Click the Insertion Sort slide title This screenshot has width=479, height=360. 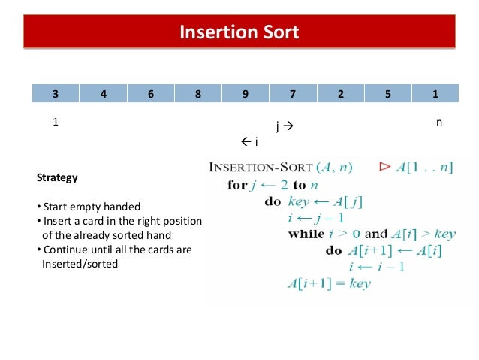(239, 32)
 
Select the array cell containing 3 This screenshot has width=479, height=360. (55, 94)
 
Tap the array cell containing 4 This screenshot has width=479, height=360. (103, 94)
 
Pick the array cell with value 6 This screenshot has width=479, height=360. (150, 94)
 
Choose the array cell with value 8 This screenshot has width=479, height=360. (197, 94)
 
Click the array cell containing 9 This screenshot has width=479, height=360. (246, 94)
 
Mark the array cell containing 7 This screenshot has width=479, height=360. (293, 94)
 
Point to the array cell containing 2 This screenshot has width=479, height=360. (340, 94)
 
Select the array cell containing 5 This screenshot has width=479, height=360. (387, 94)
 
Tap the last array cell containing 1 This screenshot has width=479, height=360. (435, 94)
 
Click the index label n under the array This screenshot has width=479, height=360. (438, 121)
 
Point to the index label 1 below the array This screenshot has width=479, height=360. (55, 121)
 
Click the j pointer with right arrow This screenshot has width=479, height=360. (284, 127)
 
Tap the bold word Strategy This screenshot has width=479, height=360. (57, 178)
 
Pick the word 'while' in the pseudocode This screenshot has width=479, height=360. (305, 234)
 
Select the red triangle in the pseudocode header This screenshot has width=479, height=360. (385, 166)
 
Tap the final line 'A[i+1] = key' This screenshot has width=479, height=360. (329, 283)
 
